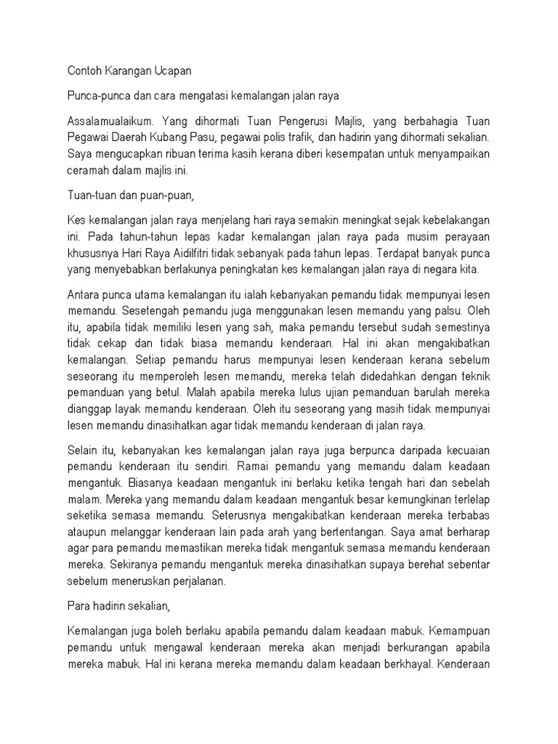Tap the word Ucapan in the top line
[x=171, y=73]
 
